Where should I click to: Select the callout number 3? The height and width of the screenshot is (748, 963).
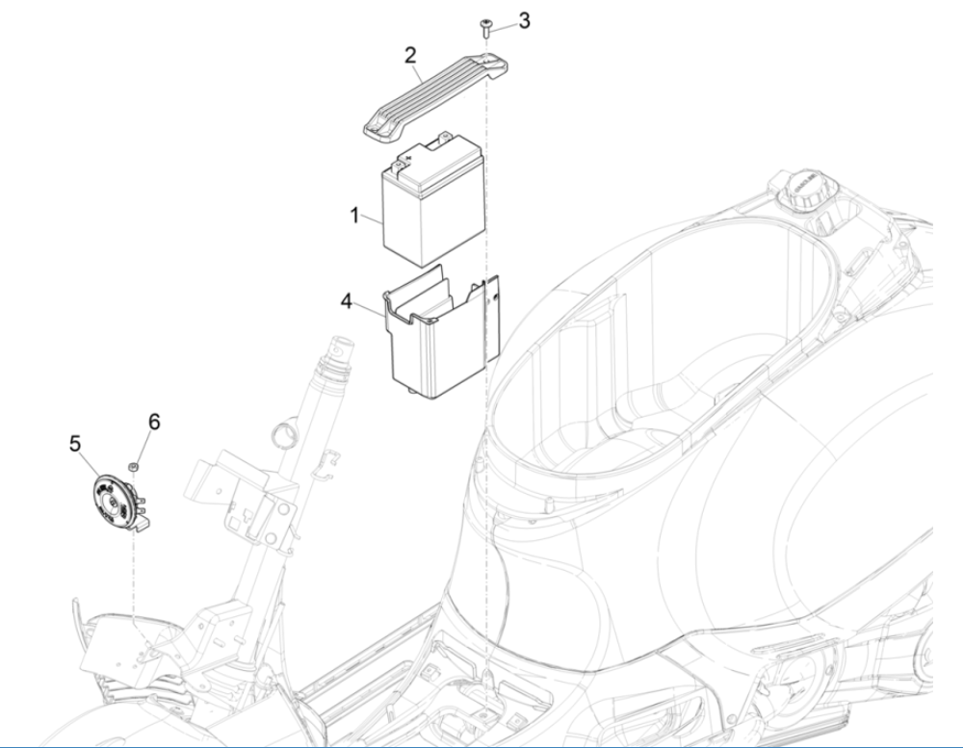pos(523,21)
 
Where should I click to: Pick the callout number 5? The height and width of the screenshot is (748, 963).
pos(75,444)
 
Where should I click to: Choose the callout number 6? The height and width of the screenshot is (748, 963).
pos(154,422)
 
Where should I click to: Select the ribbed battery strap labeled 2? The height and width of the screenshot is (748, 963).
pos(433,96)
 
